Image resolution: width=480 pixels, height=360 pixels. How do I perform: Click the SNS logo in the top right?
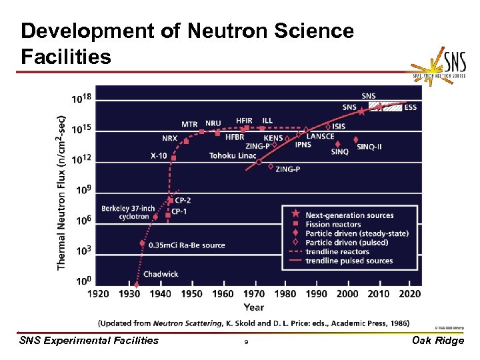(x=441, y=66)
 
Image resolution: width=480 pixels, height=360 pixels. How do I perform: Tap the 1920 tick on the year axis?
(x=98, y=293)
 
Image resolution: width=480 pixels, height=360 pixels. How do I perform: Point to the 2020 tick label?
(x=410, y=293)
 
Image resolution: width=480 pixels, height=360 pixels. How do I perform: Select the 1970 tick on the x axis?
(x=254, y=293)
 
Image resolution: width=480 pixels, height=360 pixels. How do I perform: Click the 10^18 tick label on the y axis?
(x=81, y=99)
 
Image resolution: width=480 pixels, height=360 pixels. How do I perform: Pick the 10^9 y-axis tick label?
(x=83, y=190)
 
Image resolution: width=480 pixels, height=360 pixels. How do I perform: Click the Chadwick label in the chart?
(x=161, y=273)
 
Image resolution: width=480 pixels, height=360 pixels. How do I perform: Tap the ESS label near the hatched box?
(x=411, y=107)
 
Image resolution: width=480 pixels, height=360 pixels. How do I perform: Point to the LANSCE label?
(x=321, y=136)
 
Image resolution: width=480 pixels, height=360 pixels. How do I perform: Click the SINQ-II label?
(x=369, y=147)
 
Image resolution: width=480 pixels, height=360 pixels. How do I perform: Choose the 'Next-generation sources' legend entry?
(x=349, y=215)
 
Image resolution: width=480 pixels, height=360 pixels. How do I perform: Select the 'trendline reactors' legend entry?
(x=337, y=251)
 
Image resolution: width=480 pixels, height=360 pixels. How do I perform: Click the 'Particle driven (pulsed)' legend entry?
(x=347, y=243)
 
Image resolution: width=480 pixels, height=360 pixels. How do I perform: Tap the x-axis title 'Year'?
(x=254, y=307)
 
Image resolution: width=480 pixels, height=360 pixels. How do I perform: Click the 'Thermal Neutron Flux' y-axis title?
(x=61, y=189)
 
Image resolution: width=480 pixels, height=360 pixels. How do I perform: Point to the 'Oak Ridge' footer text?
(x=439, y=341)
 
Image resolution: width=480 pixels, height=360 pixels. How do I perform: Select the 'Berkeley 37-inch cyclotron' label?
(x=128, y=212)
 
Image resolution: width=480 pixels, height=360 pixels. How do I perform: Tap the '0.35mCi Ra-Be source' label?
(x=187, y=245)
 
